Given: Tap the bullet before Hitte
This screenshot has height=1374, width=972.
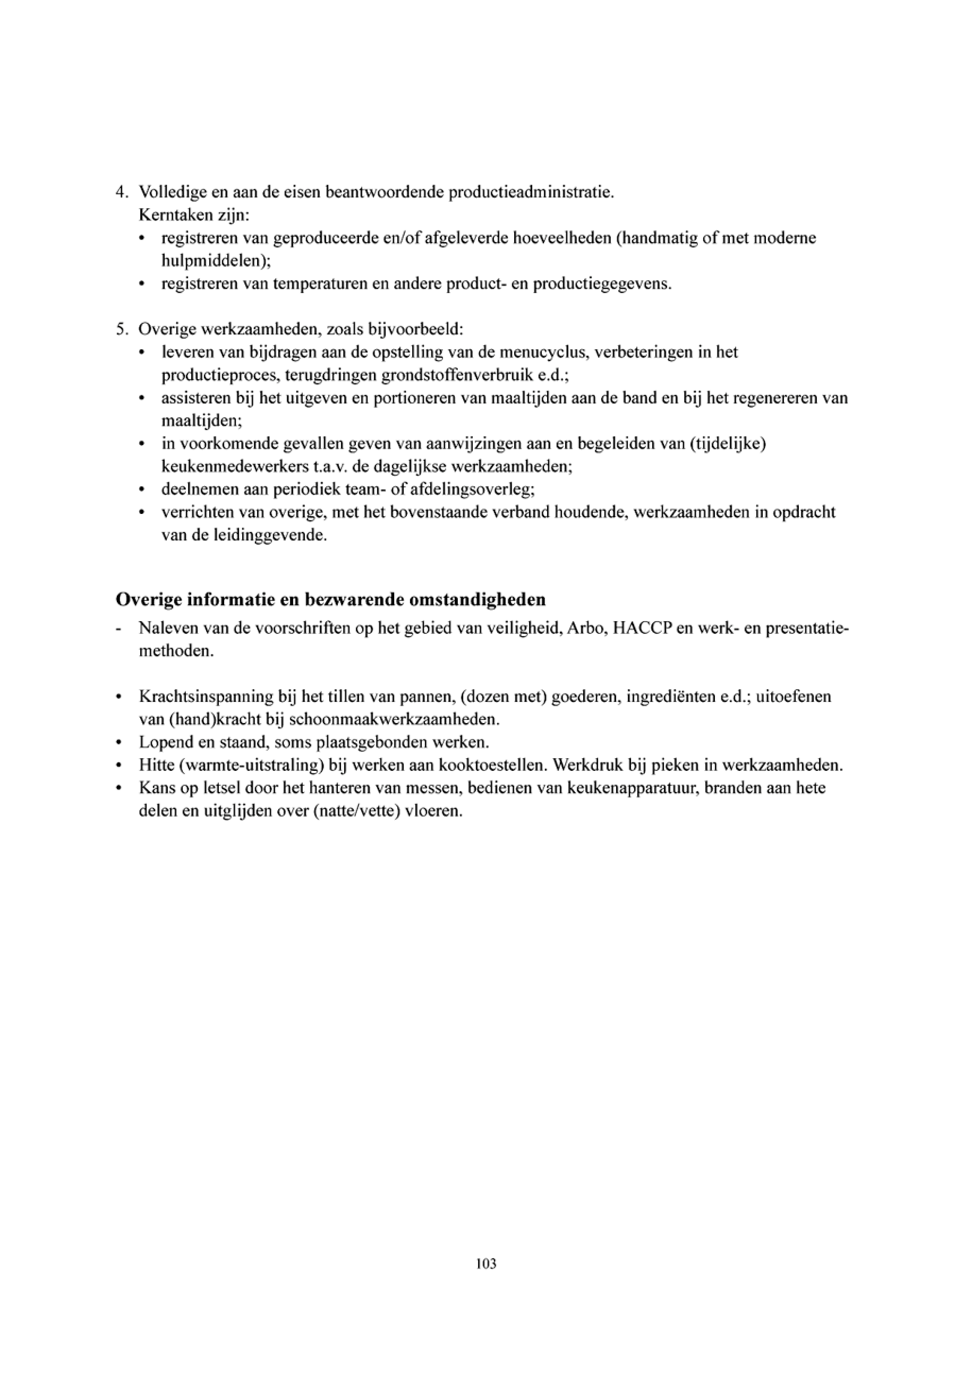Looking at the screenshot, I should tap(120, 766).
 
